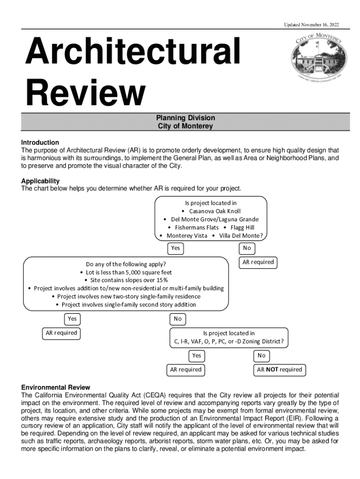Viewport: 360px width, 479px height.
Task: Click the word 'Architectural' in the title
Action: coord(133,53)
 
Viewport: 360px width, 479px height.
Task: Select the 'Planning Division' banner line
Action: coord(186,118)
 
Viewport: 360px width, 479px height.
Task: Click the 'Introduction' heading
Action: coord(40,142)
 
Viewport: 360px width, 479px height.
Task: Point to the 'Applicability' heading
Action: coord(40,181)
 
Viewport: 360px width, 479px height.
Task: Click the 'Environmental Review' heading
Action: coord(56,387)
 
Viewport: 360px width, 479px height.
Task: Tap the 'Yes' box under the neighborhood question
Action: coord(175,248)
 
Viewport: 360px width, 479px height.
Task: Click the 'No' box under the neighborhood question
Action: coord(246,248)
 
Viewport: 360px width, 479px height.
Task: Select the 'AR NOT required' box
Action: coord(280,370)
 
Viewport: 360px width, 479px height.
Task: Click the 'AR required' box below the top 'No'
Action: coord(258,262)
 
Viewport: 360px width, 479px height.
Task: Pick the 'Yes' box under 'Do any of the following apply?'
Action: coord(72,319)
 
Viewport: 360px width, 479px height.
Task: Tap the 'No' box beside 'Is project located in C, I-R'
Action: coord(177,319)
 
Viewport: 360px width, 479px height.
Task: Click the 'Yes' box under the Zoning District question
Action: coord(197,356)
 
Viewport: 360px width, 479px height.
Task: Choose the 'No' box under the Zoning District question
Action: coord(261,356)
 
